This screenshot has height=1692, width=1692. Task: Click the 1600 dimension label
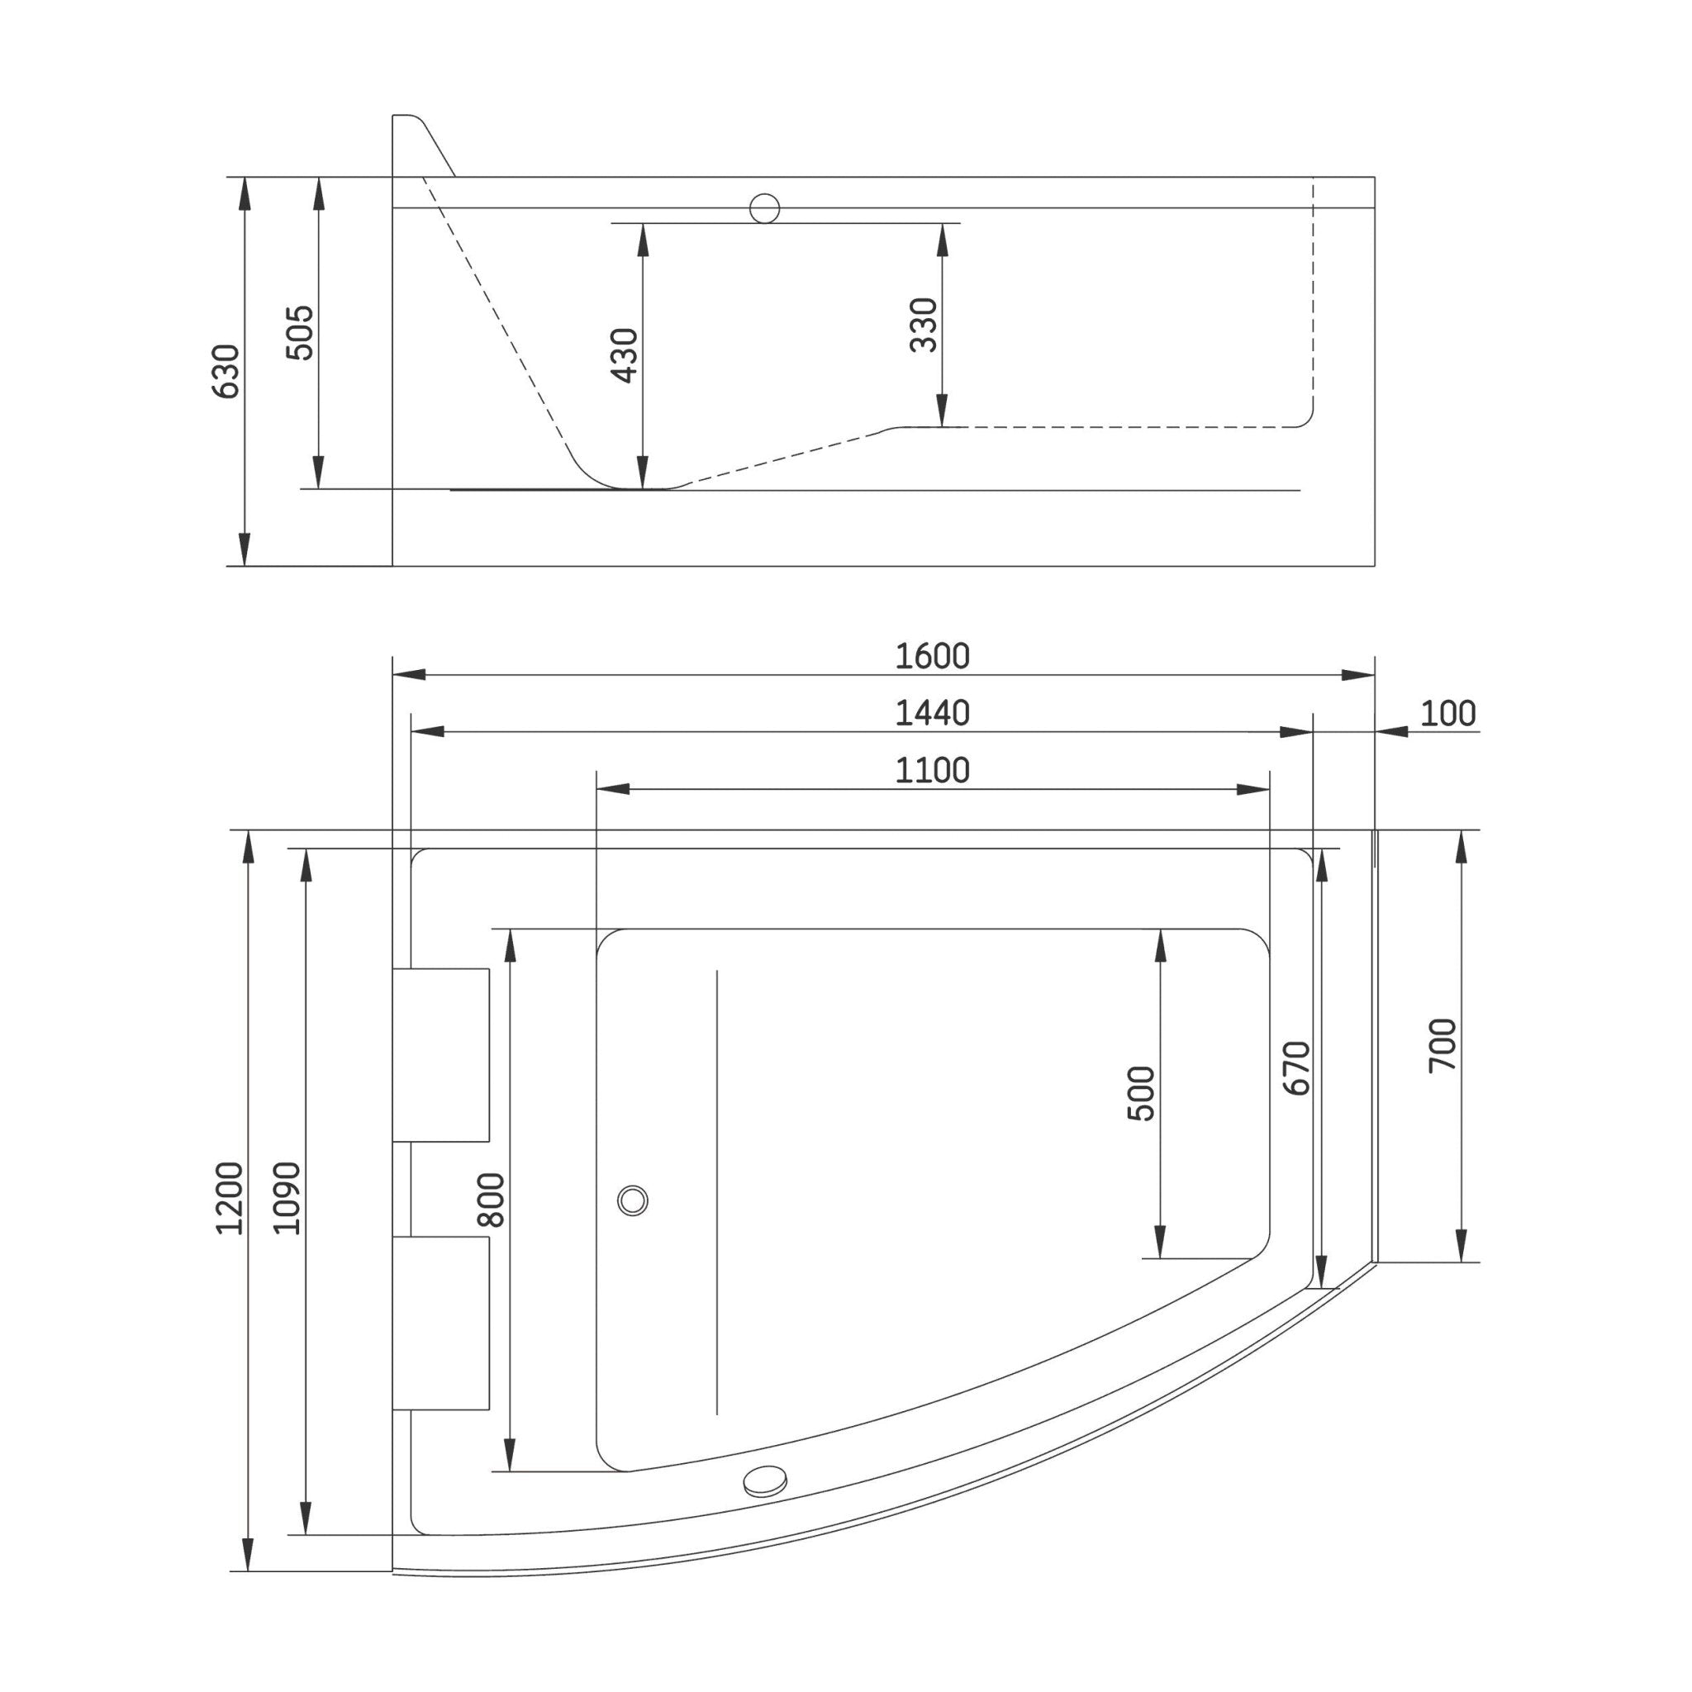click(x=932, y=656)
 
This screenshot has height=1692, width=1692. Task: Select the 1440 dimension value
click(x=932, y=713)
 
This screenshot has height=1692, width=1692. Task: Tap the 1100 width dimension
click(x=932, y=771)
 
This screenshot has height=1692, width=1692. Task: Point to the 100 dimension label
click(x=1447, y=713)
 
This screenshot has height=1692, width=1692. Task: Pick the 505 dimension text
click(x=301, y=332)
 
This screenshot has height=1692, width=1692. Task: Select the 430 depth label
click(x=625, y=354)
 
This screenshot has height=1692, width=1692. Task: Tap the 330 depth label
click(x=924, y=325)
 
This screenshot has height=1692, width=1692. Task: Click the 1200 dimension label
click(x=230, y=1198)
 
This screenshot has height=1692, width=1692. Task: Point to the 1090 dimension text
click(x=287, y=1198)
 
